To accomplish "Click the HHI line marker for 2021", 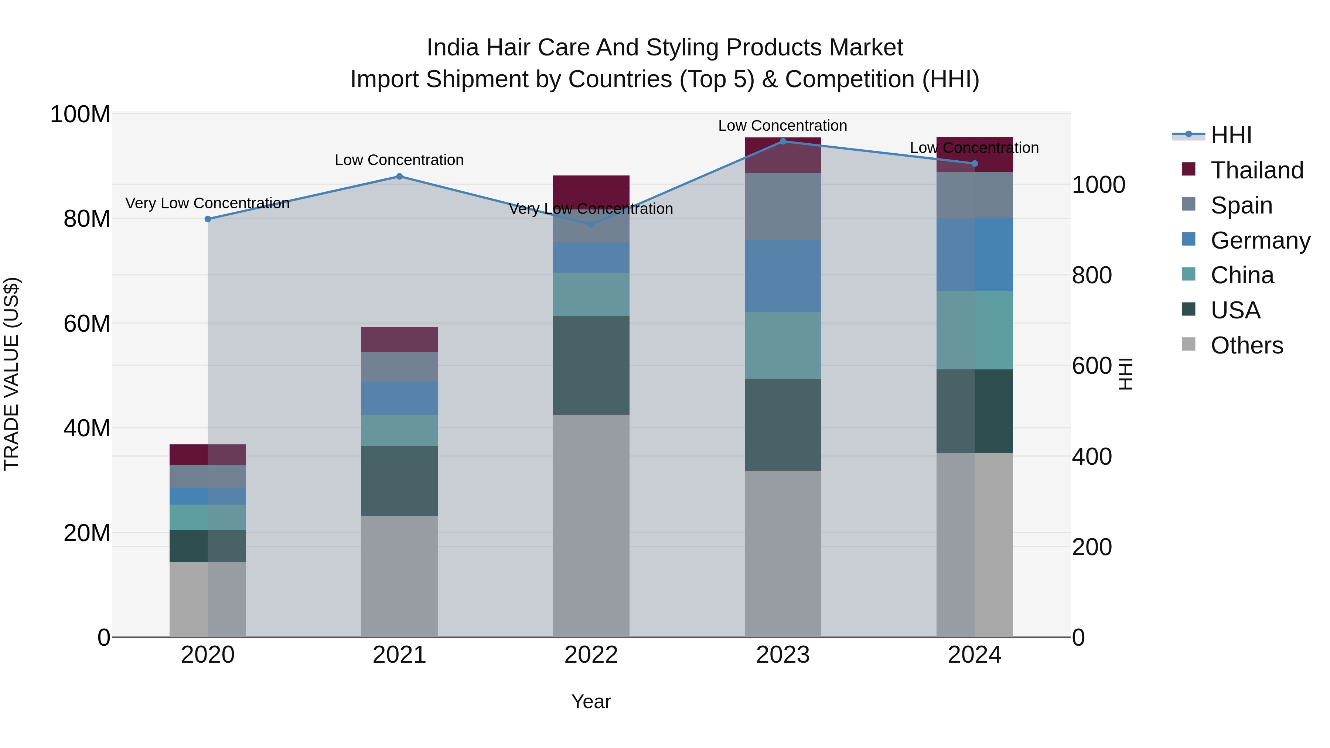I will pos(399,177).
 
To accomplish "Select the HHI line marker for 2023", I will pos(783,141).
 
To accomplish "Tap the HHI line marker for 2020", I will pos(208,219).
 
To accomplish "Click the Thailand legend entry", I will pos(1256,170).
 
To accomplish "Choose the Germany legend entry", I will pos(1260,240).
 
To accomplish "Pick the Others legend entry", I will pos(1247,345).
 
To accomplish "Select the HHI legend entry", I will pos(1231,135).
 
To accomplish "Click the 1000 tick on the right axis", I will pos(1099,185).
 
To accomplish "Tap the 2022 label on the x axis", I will pos(591,655).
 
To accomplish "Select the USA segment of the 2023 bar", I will pos(783,425).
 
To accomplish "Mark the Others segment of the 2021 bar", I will pos(399,576).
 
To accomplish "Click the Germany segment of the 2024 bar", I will pos(974,255).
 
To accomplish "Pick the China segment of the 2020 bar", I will pos(208,517).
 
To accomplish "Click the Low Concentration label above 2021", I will pos(399,160).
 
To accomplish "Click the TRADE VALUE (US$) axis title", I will pos(11,374).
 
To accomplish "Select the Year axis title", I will pos(591,701).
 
